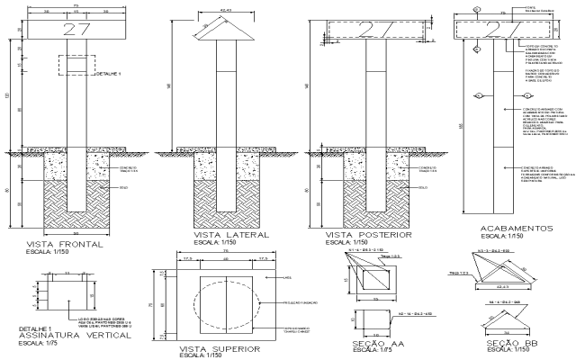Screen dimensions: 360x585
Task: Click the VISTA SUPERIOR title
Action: pos(220,348)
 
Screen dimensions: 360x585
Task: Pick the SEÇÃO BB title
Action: pos(504,344)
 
